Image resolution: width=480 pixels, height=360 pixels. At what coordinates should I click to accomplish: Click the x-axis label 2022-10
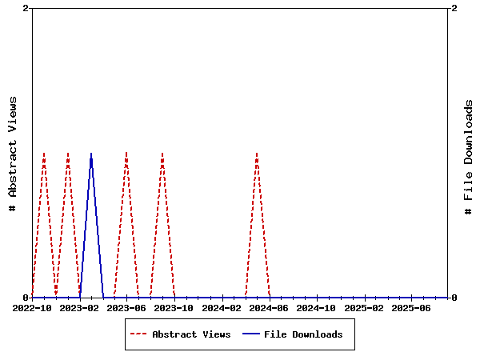click(32, 307)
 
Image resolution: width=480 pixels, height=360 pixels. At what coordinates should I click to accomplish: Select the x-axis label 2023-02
click(79, 307)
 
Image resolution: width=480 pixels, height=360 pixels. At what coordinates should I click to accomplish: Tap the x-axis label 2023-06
click(126, 307)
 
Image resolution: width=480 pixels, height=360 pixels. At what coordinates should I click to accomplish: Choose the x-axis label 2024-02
click(222, 307)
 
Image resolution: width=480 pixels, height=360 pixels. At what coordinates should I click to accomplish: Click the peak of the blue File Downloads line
click(91, 153)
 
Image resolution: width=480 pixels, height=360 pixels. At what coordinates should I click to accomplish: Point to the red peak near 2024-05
click(257, 153)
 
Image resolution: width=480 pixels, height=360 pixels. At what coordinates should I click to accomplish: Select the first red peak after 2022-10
click(44, 153)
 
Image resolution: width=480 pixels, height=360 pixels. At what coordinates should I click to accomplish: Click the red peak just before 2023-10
click(162, 153)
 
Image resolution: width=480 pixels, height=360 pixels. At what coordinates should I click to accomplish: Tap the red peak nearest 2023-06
click(126, 153)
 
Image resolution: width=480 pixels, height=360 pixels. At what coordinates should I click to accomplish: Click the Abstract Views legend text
click(191, 334)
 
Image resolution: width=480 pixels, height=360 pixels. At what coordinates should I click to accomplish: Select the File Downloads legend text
click(303, 334)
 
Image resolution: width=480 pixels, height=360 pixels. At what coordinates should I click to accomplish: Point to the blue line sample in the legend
click(251, 334)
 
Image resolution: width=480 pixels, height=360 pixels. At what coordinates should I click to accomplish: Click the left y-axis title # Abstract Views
click(13, 153)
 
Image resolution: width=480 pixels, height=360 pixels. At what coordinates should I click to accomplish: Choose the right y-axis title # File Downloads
click(469, 157)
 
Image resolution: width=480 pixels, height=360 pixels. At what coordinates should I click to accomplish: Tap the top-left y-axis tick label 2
click(26, 8)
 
